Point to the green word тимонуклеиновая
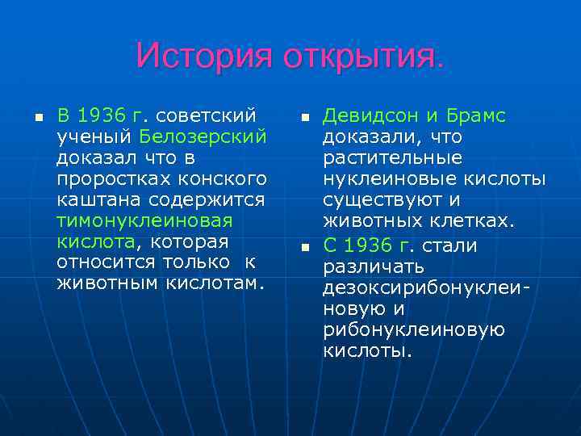tap(144, 220)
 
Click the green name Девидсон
tap(370, 115)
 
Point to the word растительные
tap(393, 157)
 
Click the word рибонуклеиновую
tap(414, 330)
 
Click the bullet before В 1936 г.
tap(37, 117)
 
